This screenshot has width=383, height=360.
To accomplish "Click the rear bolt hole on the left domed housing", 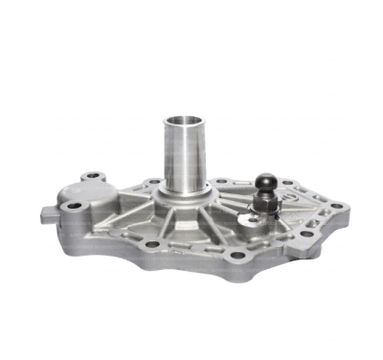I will [91, 176].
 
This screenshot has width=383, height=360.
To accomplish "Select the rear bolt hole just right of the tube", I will [222, 180].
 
